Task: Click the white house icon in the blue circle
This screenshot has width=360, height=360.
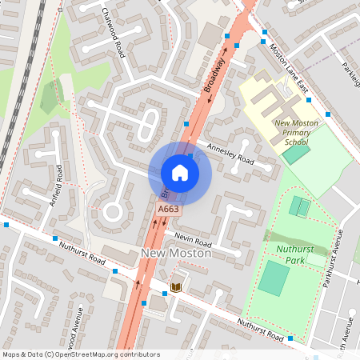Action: [179, 172]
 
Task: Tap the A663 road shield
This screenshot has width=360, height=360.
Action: [168, 210]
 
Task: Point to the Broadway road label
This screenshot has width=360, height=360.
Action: [215, 74]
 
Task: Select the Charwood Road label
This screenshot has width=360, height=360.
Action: [115, 32]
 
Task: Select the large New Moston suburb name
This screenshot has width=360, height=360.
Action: [175, 254]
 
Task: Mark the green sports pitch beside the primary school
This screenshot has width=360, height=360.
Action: [295, 154]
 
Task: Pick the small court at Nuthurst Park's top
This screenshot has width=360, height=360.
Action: [300, 207]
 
